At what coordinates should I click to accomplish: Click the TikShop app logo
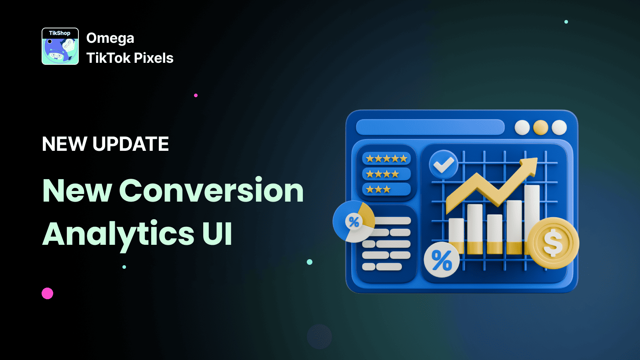pyautogui.click(x=60, y=46)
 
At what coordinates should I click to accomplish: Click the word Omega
pyautogui.click(x=110, y=38)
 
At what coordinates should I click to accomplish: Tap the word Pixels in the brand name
pyautogui.click(x=154, y=58)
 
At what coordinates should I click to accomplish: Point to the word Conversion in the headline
pyautogui.click(x=211, y=190)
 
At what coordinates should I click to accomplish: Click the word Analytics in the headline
pyautogui.click(x=118, y=234)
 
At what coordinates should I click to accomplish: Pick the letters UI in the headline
pyautogui.click(x=217, y=234)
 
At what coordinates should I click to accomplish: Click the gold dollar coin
pyautogui.click(x=553, y=243)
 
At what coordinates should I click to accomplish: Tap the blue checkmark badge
pyautogui.click(x=444, y=164)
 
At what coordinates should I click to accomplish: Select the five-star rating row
pyautogui.click(x=386, y=159)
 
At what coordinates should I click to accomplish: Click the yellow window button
pyautogui.click(x=540, y=128)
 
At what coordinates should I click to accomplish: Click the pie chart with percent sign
pyautogui.click(x=354, y=221)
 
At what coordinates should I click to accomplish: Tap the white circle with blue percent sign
pyautogui.click(x=442, y=260)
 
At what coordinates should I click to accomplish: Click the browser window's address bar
pyautogui.click(x=430, y=127)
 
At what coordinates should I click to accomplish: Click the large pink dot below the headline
pyautogui.click(x=48, y=294)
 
